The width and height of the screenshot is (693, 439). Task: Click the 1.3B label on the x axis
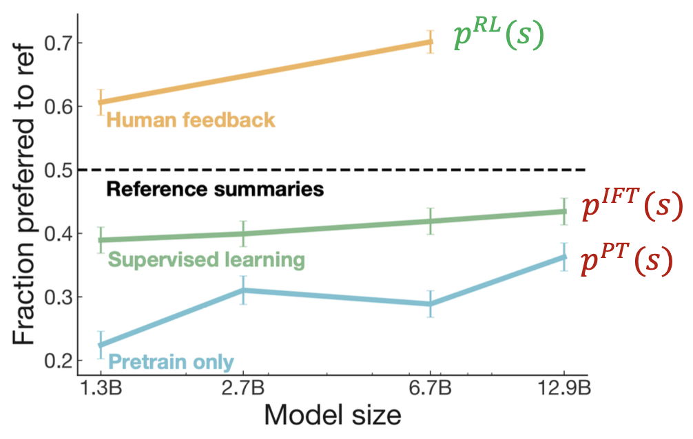101,389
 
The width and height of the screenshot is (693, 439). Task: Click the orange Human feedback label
191,120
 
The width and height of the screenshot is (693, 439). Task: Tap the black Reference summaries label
215,189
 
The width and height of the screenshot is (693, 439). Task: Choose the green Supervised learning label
206,260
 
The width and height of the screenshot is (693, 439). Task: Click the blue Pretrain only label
172,361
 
